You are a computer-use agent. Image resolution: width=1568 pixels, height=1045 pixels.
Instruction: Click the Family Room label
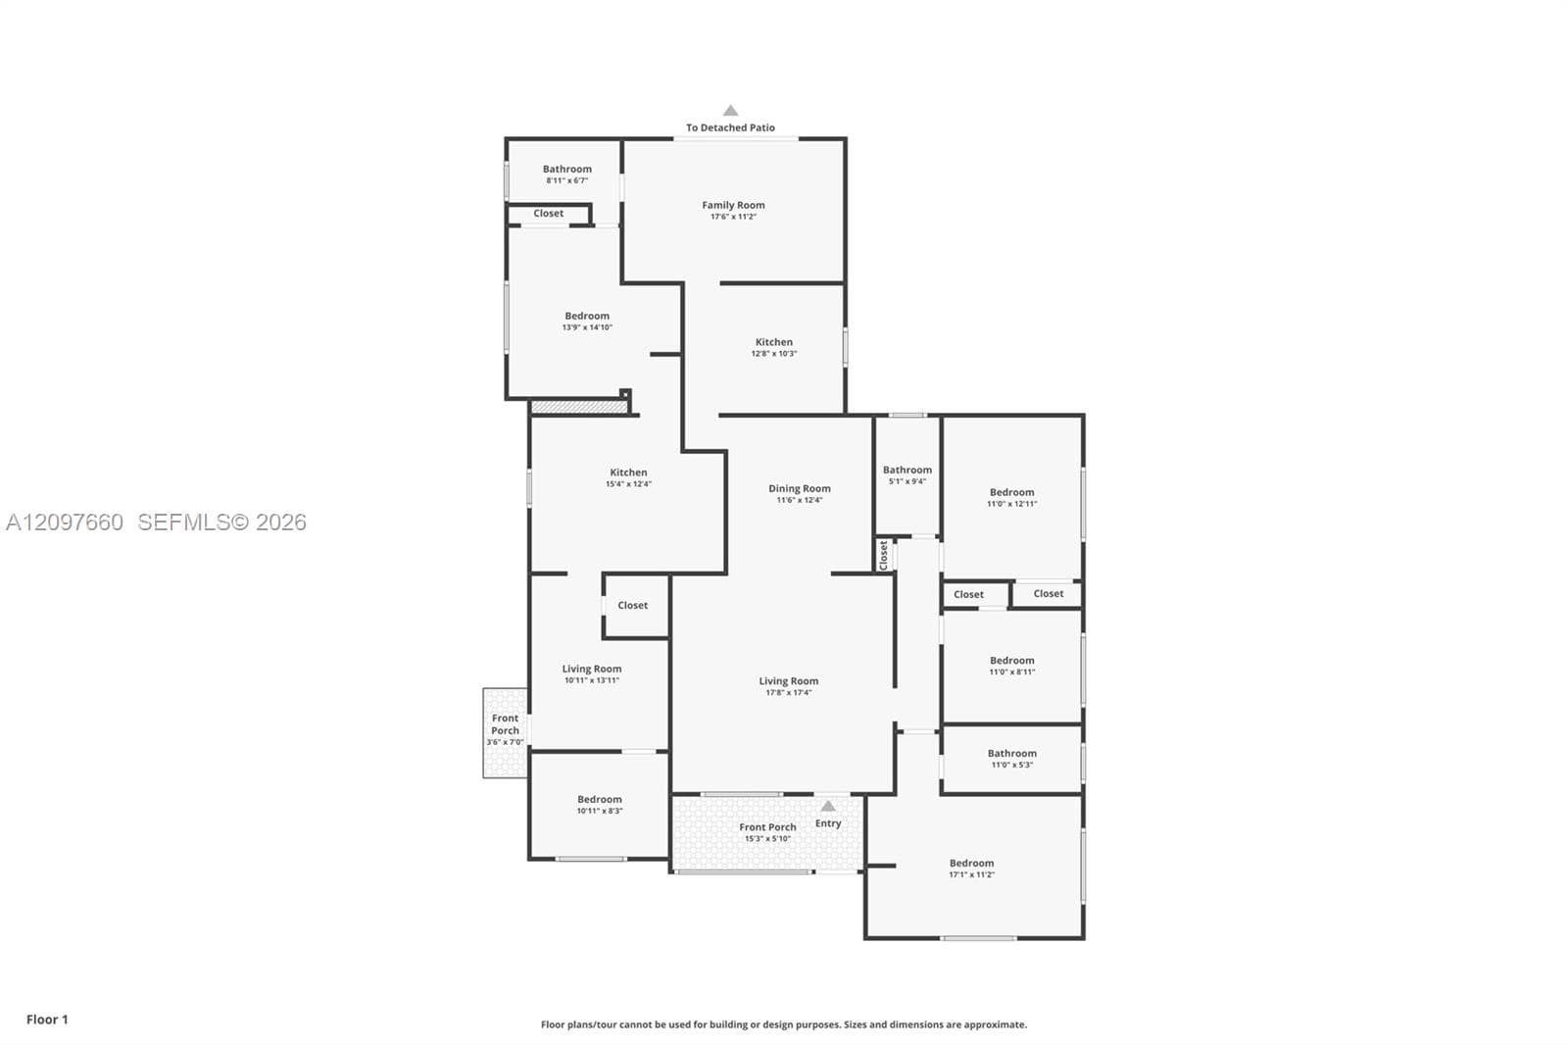point(733,205)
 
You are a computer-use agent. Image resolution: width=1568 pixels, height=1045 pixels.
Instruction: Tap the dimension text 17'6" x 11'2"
point(733,217)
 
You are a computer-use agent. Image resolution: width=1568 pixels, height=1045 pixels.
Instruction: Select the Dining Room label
point(800,489)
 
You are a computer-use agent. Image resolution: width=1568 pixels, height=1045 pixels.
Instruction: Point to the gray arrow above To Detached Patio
point(730,111)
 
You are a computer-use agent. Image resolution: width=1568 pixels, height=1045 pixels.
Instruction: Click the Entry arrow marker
point(828,806)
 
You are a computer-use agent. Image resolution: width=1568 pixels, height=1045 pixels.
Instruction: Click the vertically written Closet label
point(883,556)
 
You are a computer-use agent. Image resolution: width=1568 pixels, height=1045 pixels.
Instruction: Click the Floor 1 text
point(48,1020)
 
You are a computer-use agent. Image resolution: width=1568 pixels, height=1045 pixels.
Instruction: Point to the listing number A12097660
point(65,522)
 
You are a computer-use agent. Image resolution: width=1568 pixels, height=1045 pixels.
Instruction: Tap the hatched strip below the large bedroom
point(579,407)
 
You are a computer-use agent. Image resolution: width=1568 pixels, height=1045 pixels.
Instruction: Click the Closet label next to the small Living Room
point(632,606)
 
